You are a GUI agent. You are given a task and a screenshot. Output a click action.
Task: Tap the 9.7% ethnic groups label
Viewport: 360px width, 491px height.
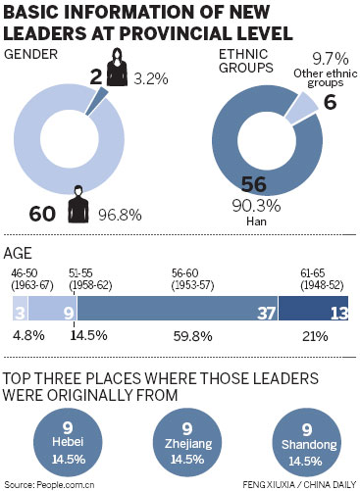329,59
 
